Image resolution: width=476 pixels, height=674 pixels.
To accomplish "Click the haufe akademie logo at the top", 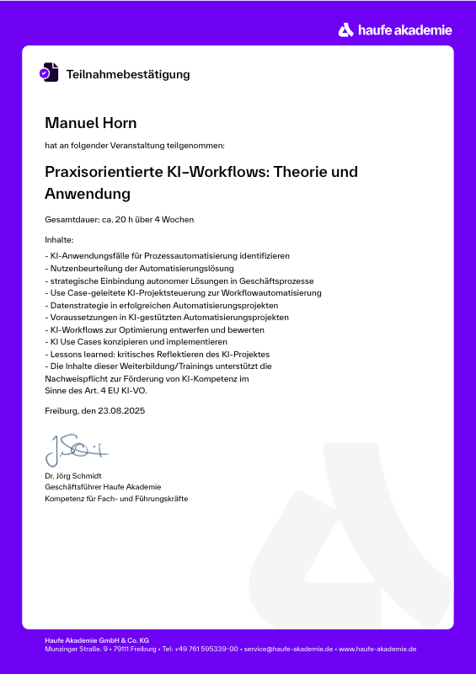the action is pyautogui.click(x=395, y=30).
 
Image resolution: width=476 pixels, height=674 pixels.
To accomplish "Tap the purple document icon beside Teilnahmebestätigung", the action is pyautogui.click(x=49, y=72).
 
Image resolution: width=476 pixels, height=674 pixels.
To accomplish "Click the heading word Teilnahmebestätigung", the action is pyautogui.click(x=128, y=74).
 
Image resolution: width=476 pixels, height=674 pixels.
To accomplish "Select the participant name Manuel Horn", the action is pyautogui.click(x=90, y=124).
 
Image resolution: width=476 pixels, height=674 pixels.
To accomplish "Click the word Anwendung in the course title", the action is pyautogui.click(x=88, y=194).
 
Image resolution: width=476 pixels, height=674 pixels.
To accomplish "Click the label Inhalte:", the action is pyautogui.click(x=60, y=240).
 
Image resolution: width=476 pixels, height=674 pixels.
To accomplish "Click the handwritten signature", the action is pyautogui.click(x=76, y=451).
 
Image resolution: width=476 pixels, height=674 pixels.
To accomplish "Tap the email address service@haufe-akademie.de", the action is pyautogui.click(x=288, y=649).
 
